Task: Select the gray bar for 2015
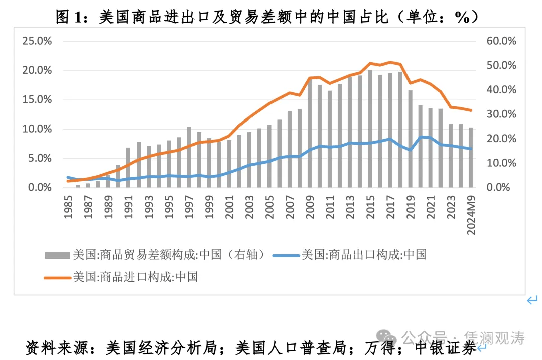click(370, 129)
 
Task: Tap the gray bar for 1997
click(189, 157)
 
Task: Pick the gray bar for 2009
click(310, 133)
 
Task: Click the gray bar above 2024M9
click(471, 157)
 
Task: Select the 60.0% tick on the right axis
click(501, 41)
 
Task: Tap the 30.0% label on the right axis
click(501, 114)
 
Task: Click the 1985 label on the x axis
click(68, 205)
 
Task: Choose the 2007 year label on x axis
click(290, 205)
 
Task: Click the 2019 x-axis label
click(411, 205)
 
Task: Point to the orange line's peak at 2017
click(390, 62)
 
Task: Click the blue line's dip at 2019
click(411, 150)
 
